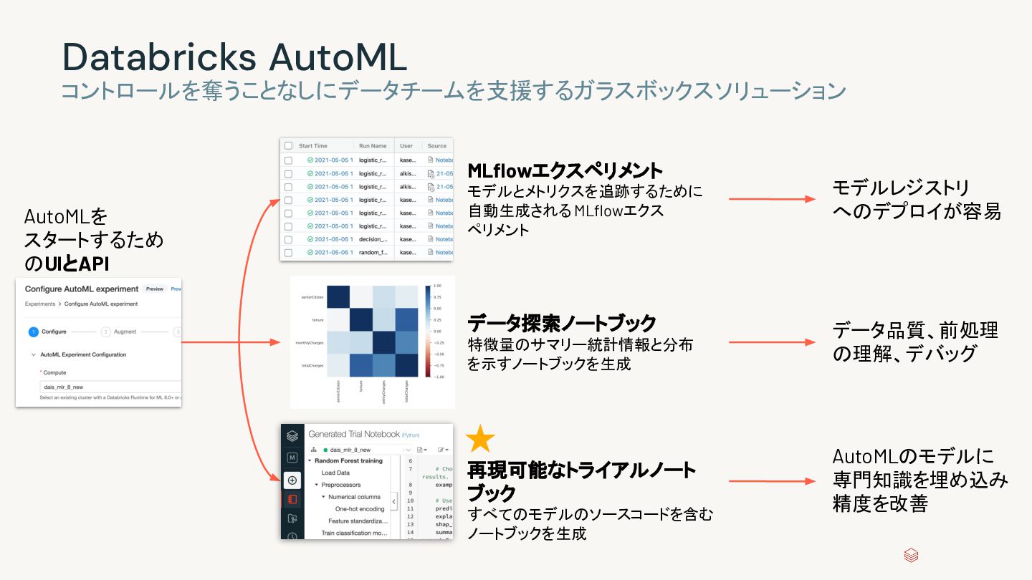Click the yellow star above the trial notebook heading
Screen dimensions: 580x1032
(480, 438)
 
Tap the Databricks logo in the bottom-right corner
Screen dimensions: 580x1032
(911, 556)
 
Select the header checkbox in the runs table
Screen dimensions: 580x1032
(288, 145)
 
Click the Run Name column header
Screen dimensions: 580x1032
(373, 145)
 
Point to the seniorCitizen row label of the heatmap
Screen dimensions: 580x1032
(312, 296)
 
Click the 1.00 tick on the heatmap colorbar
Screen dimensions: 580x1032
(439, 286)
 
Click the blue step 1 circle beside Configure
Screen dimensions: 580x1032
(33, 332)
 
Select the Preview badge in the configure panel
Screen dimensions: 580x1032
(154, 289)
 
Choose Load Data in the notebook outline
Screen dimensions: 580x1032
(335, 473)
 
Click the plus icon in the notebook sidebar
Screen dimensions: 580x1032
(292, 480)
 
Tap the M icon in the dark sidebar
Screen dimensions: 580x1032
(292, 458)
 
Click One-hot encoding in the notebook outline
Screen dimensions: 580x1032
(360, 509)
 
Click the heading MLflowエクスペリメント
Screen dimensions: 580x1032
(565, 171)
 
